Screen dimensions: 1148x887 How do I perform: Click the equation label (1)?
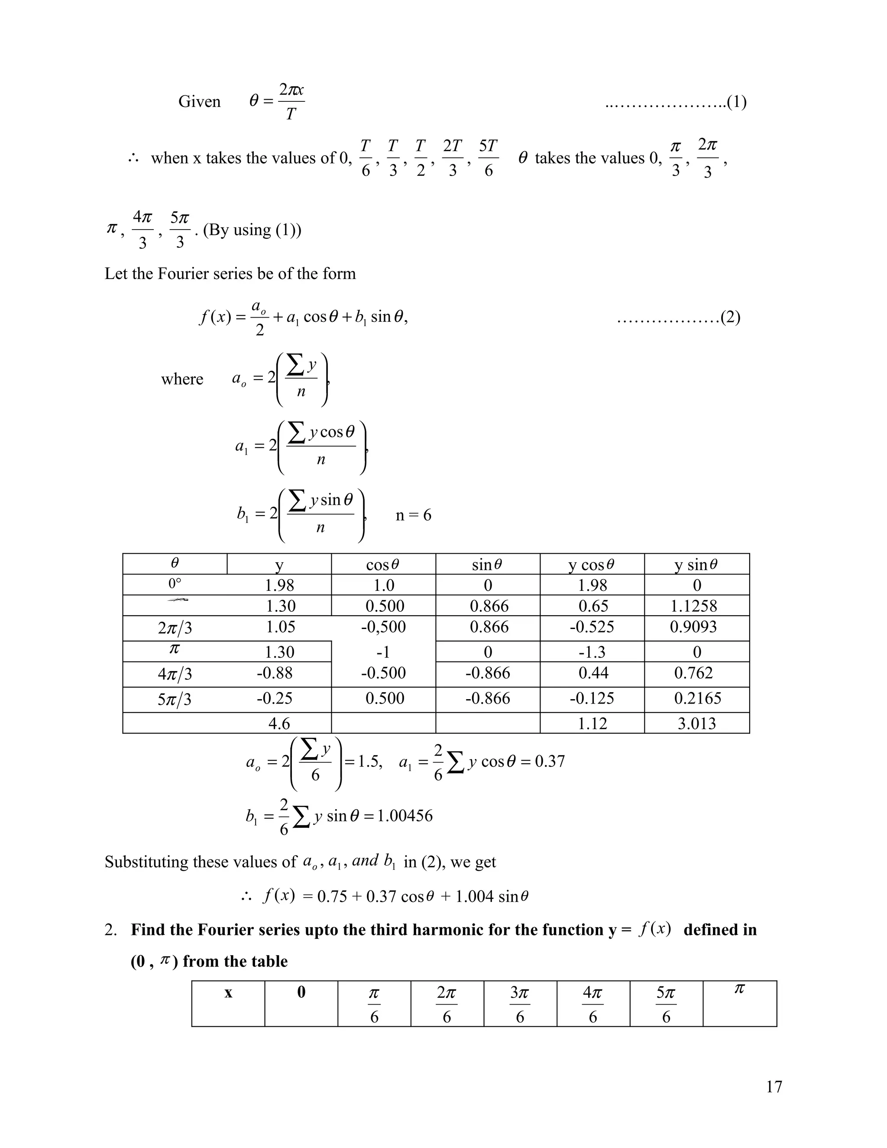coord(736,101)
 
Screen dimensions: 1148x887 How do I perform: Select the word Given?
coord(199,101)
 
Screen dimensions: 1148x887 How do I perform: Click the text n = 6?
coord(413,515)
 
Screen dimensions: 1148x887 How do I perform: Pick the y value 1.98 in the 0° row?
coord(279,585)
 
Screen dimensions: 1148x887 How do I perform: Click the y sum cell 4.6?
coord(279,724)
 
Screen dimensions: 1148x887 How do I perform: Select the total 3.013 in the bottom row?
coord(696,724)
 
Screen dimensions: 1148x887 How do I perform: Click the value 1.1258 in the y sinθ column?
coord(694,606)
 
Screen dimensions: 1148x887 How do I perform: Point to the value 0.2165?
coord(697,699)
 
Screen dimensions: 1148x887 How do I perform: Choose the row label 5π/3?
coord(175,700)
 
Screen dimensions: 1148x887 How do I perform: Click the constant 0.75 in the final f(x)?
coord(332,896)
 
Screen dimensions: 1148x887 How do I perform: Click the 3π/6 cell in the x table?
coord(520,1005)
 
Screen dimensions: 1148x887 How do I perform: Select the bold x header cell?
coord(228,993)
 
